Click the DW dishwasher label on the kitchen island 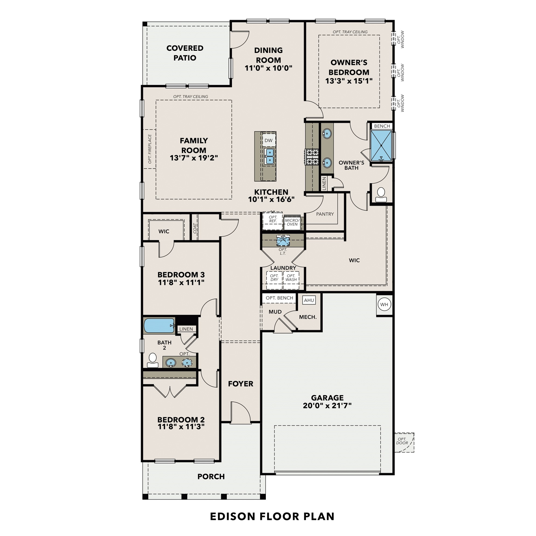(x=268, y=140)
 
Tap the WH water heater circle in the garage (x=384, y=304)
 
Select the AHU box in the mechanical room (x=309, y=300)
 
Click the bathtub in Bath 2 (x=159, y=326)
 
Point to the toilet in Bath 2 (x=153, y=359)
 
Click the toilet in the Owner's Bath (x=381, y=194)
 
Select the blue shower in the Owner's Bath (x=381, y=145)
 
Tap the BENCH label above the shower (x=382, y=126)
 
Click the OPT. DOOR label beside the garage (x=402, y=441)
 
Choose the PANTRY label (x=325, y=214)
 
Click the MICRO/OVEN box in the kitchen (x=292, y=223)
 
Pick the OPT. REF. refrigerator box (x=273, y=219)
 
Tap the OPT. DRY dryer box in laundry (x=274, y=278)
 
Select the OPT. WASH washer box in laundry (x=291, y=278)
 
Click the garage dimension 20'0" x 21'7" (x=327, y=406)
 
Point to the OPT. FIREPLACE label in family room (x=150, y=149)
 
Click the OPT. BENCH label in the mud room (x=279, y=298)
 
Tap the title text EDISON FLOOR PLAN (x=272, y=516)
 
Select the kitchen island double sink (x=269, y=157)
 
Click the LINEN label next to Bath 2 (x=186, y=329)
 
